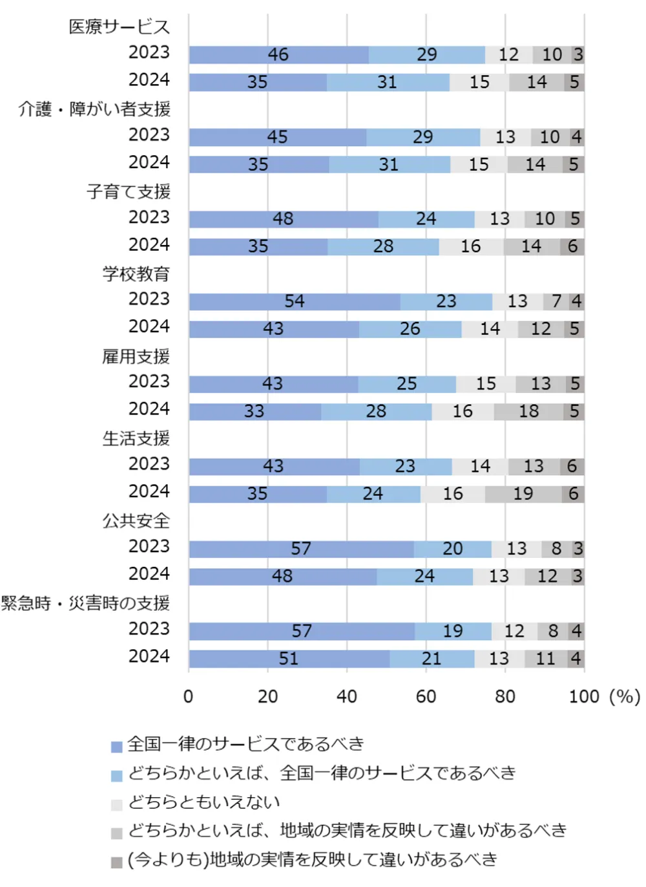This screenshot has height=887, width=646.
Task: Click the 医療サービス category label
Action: coord(119,27)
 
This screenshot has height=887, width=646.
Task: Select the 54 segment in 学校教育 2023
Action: coord(295,301)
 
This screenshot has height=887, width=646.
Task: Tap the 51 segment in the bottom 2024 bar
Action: coord(289,658)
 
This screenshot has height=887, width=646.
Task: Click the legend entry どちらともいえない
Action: coord(203,802)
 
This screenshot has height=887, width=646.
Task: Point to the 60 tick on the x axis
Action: coord(426,696)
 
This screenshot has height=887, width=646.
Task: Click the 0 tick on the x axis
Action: coord(189,696)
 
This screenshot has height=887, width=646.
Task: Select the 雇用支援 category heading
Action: coord(136,356)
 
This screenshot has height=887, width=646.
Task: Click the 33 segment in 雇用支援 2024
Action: coord(255,411)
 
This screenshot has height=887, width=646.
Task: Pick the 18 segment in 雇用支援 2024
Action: coord(528,411)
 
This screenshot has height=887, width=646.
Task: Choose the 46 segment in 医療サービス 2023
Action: coord(278,55)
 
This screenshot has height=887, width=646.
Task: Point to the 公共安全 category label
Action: coord(136,520)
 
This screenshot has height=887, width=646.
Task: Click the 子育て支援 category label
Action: coord(129,191)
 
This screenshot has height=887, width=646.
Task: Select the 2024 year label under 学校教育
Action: coord(149,326)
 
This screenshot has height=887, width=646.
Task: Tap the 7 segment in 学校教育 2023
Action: coord(556,301)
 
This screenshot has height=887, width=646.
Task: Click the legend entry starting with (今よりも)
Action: coord(313,860)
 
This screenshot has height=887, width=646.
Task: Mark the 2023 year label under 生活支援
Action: coord(149,464)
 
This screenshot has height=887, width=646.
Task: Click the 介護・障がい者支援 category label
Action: coord(94,109)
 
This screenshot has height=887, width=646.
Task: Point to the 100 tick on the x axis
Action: coord(584,696)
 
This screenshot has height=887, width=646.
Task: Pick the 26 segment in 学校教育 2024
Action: coord(410,329)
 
